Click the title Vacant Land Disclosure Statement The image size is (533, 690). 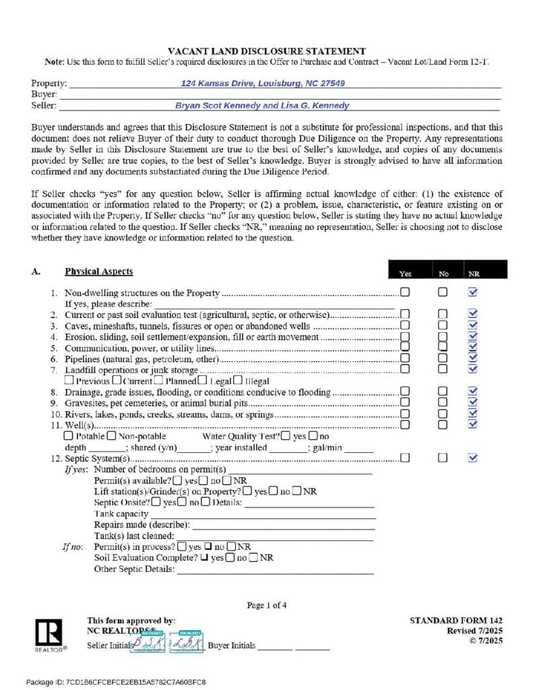[x=266, y=51]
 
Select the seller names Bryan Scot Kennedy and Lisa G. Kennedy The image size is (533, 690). [x=262, y=106]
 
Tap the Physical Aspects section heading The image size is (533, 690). [x=98, y=272]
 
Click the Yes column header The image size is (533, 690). [x=405, y=274]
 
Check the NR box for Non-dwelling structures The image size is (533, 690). [x=472, y=292]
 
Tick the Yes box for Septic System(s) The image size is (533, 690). [x=405, y=458]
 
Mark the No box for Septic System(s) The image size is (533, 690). [x=442, y=458]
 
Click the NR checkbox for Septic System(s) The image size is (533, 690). [x=472, y=458]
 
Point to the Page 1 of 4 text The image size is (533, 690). [x=267, y=605]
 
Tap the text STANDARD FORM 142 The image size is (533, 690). [x=456, y=621]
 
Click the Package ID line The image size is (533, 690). [x=116, y=682]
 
